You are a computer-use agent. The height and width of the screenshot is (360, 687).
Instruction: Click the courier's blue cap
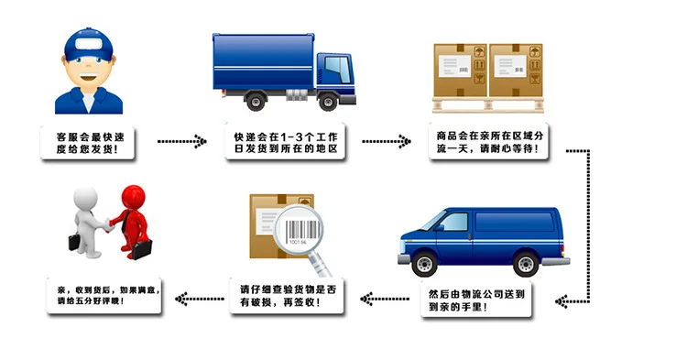pos(89,44)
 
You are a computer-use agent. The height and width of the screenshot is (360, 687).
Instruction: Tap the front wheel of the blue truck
pos(328,102)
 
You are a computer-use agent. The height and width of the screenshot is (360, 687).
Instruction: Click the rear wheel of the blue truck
pos(256,101)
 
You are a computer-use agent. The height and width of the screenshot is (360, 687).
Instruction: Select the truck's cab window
pos(338,70)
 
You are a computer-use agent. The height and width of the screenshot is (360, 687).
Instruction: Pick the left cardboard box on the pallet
pos(460,70)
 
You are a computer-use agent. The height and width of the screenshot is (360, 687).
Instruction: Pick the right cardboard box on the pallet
pos(516,70)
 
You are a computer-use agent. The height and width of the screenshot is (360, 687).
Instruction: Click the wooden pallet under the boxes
pos(488,105)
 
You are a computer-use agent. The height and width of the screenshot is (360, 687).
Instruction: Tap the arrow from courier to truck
pos(182,141)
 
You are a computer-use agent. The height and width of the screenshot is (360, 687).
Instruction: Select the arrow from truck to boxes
pos(387,141)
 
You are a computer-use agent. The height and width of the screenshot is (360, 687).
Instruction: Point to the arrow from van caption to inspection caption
pos(385,300)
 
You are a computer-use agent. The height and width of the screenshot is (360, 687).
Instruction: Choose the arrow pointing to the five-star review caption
pos(200,300)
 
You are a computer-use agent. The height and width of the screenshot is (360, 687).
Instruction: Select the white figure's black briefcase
pos(74,242)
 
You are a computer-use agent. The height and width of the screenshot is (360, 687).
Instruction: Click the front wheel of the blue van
pos(424,263)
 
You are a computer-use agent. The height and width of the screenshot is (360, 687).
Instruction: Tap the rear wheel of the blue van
pos(526,263)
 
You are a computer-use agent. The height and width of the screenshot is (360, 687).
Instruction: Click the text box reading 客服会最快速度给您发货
pos(87,143)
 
